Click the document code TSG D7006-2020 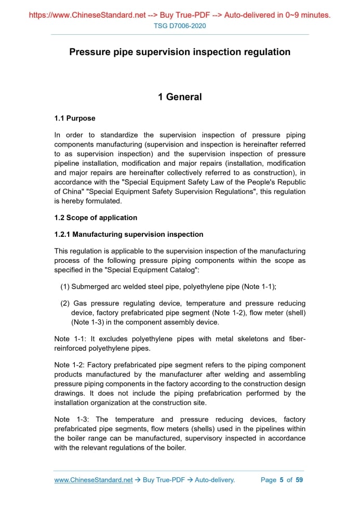click(x=180, y=26)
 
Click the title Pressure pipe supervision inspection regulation click(x=180, y=52)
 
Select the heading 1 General click(x=180, y=97)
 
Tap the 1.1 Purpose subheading click(x=75, y=118)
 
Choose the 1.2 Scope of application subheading click(x=96, y=218)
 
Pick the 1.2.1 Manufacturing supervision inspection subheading click(x=129, y=234)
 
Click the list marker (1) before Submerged click(x=65, y=286)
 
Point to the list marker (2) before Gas click(x=65, y=303)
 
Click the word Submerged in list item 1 click(x=90, y=286)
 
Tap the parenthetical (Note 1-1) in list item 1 click(x=256, y=286)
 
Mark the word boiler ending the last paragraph click(x=174, y=447)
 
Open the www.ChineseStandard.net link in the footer click(x=94, y=480)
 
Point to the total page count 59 click(x=299, y=480)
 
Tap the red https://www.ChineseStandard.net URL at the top click(x=87, y=15)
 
